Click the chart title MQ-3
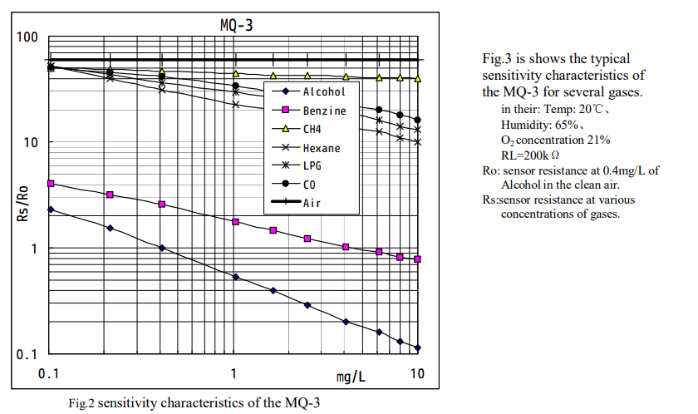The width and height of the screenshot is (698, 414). pyautogui.click(x=237, y=25)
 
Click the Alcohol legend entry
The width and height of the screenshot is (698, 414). pyautogui.click(x=323, y=91)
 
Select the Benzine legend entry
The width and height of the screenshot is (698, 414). pyautogui.click(x=324, y=110)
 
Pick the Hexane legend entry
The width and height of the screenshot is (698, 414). pyautogui.click(x=321, y=147)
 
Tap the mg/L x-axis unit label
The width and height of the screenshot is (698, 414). pyautogui.click(x=351, y=376)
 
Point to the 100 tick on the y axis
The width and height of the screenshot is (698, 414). pyautogui.click(x=27, y=38)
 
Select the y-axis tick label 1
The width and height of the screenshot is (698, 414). pyautogui.click(x=34, y=249)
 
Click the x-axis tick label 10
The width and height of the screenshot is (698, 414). pyautogui.click(x=417, y=373)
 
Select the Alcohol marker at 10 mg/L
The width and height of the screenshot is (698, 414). pyautogui.click(x=417, y=347)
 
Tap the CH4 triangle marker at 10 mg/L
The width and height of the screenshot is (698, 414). pyautogui.click(x=417, y=79)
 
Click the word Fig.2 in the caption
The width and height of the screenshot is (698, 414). pyautogui.click(x=81, y=403)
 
